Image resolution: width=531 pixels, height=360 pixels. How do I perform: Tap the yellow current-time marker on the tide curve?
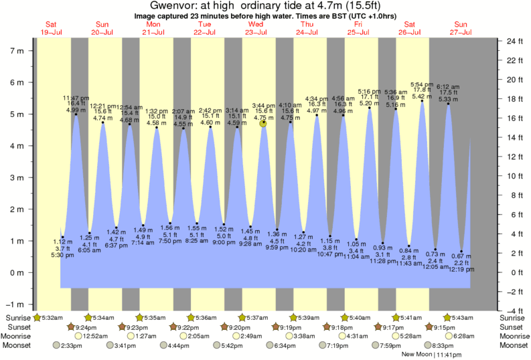[263, 123]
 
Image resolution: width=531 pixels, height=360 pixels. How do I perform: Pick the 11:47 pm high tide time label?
[76, 98]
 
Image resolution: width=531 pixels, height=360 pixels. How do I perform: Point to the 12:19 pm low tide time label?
[461, 270]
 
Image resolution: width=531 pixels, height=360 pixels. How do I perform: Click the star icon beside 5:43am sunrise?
[447, 317]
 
